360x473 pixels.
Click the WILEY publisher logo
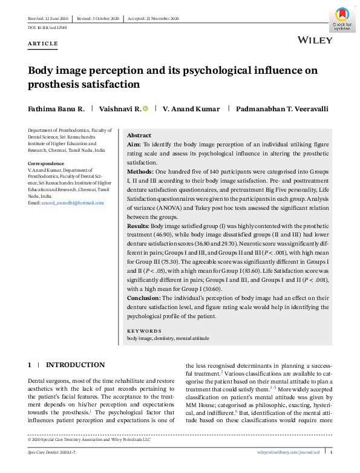(315, 41)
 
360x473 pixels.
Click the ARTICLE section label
(43, 44)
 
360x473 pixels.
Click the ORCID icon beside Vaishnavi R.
(145, 108)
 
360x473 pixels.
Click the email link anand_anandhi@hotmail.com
(73, 203)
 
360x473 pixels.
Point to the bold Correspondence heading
(46, 164)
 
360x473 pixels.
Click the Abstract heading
(139, 135)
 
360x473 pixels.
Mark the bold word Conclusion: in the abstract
(144, 298)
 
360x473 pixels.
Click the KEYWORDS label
(144, 331)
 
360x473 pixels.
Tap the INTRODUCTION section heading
(75, 365)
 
